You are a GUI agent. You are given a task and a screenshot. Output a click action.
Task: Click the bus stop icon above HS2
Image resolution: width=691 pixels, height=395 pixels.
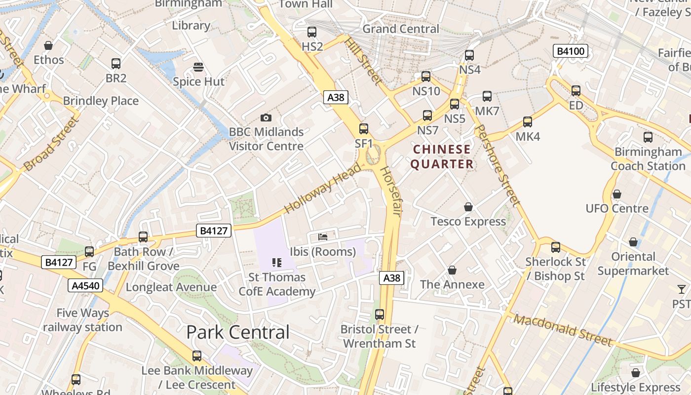click(311, 32)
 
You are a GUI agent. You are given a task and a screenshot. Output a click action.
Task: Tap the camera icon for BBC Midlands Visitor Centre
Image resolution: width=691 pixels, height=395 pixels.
click(266, 118)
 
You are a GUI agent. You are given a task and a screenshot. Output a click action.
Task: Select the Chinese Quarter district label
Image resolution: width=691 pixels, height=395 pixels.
click(442, 157)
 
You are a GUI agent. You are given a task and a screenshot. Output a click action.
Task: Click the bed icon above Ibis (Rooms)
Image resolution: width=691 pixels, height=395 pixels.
click(323, 237)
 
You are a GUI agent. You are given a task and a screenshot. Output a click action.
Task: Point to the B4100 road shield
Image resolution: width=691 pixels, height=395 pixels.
click(571, 51)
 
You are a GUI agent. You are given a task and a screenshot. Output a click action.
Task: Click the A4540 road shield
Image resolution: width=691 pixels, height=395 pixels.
click(85, 285)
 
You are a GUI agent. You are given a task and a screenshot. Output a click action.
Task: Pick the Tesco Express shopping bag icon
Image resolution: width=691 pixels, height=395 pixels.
click(468, 207)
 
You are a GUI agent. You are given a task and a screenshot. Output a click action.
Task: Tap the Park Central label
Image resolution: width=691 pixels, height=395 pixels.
click(238, 332)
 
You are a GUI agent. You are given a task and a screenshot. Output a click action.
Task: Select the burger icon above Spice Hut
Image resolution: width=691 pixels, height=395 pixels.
click(198, 67)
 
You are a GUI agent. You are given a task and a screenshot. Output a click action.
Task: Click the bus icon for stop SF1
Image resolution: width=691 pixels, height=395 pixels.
click(364, 129)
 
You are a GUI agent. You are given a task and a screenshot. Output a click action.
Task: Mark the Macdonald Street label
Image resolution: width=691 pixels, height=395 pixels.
click(563, 329)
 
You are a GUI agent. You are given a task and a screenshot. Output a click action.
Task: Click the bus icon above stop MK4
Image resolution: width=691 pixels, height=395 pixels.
click(527, 122)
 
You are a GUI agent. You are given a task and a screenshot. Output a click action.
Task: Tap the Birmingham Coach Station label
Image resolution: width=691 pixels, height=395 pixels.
click(648, 158)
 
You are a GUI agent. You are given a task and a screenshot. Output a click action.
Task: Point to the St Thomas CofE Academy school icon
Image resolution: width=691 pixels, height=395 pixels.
click(276, 263)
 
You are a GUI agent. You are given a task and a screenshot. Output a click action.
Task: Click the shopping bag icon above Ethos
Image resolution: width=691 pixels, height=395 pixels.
click(48, 45)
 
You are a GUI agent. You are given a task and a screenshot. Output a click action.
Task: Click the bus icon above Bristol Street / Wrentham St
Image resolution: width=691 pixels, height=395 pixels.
click(379, 315)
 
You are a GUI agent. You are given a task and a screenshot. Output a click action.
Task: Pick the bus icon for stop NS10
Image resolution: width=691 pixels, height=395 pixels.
click(426, 77)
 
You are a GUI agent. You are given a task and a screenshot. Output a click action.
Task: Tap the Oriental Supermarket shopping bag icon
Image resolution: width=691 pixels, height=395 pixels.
click(633, 242)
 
